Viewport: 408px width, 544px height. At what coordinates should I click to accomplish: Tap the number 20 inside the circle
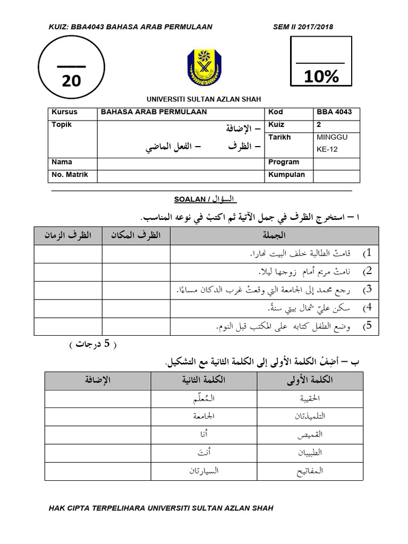coord(72,80)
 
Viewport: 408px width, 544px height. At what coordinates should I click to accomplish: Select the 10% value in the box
coord(321,77)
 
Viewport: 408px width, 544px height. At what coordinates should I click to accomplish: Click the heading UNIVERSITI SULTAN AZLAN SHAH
coord(204,99)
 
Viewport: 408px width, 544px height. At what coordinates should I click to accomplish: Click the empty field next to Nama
coord(180,163)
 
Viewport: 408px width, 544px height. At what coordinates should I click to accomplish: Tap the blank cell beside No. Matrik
coord(180,175)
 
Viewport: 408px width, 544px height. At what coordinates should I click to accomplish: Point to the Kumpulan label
coord(286,175)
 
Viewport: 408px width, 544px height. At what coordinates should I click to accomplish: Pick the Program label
coord(284,163)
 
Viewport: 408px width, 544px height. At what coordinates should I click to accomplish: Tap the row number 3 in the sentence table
coord(367,290)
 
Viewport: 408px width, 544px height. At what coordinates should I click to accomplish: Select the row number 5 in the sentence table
coord(367,326)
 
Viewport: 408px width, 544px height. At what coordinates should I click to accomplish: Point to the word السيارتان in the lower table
coord(203,471)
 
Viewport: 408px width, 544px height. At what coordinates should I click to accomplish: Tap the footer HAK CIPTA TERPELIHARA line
coord(161,508)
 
